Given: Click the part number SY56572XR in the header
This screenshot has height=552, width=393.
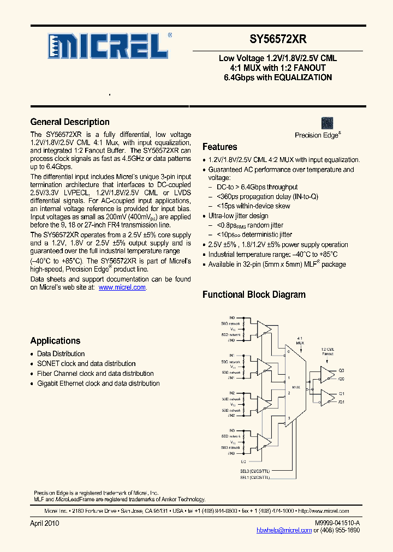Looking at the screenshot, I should click(278, 39).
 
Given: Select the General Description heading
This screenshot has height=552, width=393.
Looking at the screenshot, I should click(70, 122).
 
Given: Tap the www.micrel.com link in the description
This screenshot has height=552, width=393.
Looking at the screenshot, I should click(122, 287).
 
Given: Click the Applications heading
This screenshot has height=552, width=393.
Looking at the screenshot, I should click(55, 341).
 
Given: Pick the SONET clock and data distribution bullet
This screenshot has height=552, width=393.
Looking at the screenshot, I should click(86, 364).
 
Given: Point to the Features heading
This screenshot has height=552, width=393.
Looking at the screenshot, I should click(219, 147).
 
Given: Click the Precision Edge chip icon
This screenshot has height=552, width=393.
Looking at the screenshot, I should click(327, 123).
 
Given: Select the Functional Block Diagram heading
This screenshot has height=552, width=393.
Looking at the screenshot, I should click(254, 295).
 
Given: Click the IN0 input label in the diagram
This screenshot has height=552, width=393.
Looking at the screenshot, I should click(231, 317).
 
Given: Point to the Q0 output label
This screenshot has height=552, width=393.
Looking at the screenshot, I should click(341, 369).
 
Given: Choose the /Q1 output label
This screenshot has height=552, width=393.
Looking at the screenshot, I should click(341, 402).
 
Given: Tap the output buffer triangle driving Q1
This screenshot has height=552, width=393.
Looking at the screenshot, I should click(326, 397).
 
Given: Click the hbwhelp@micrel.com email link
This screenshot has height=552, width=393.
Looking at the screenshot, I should click(284, 530).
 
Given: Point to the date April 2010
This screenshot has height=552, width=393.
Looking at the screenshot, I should click(44, 523).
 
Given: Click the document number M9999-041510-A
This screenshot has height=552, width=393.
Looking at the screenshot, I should click(337, 523).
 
